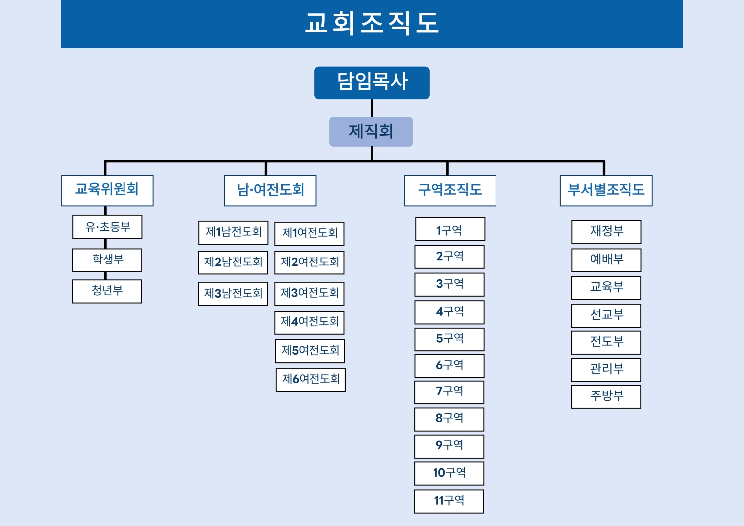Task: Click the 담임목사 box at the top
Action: coord(372,83)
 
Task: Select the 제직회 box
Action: coord(371,131)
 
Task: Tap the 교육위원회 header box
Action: coord(107,191)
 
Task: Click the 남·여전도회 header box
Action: coord(270,191)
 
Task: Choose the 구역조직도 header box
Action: coord(450,191)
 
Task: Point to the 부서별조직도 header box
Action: coord(606,191)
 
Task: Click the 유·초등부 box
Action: coord(107,227)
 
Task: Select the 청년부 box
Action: coord(107,291)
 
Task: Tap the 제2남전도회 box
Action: coord(233,263)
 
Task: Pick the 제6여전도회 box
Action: coord(310,380)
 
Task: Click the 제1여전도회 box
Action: coord(309,234)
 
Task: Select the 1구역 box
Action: coord(450,229)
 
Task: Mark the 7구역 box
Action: coord(449,393)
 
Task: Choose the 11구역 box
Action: coord(449,501)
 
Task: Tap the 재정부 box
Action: coord(606,232)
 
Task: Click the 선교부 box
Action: coord(606,315)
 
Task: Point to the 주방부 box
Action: coord(606,397)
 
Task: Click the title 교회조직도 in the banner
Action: coord(372,23)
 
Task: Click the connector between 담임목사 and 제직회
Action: coord(372,108)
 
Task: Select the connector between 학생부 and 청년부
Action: coord(105,276)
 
